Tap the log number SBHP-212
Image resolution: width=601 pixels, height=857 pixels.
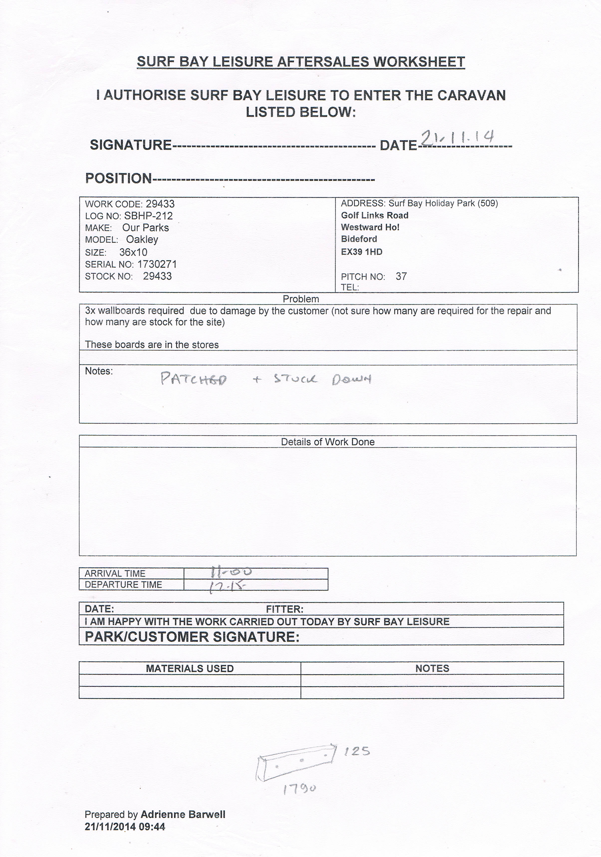point(148,216)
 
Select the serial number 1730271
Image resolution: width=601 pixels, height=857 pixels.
point(157,264)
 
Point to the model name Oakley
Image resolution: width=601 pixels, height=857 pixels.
point(142,239)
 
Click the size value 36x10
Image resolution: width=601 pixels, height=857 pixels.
point(133,252)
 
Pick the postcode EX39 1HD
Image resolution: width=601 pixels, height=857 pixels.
point(361,252)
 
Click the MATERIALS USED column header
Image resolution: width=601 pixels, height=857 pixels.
point(190,668)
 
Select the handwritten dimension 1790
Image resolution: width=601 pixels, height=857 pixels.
point(300,788)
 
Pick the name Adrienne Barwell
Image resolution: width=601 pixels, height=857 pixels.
point(183,814)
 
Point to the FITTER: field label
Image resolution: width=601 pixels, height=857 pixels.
point(284,610)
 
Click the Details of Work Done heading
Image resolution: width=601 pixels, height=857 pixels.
point(327,442)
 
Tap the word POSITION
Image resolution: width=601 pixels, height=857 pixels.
point(118,178)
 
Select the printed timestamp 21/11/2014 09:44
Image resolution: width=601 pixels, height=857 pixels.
point(125,826)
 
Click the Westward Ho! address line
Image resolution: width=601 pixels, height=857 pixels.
point(370,227)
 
